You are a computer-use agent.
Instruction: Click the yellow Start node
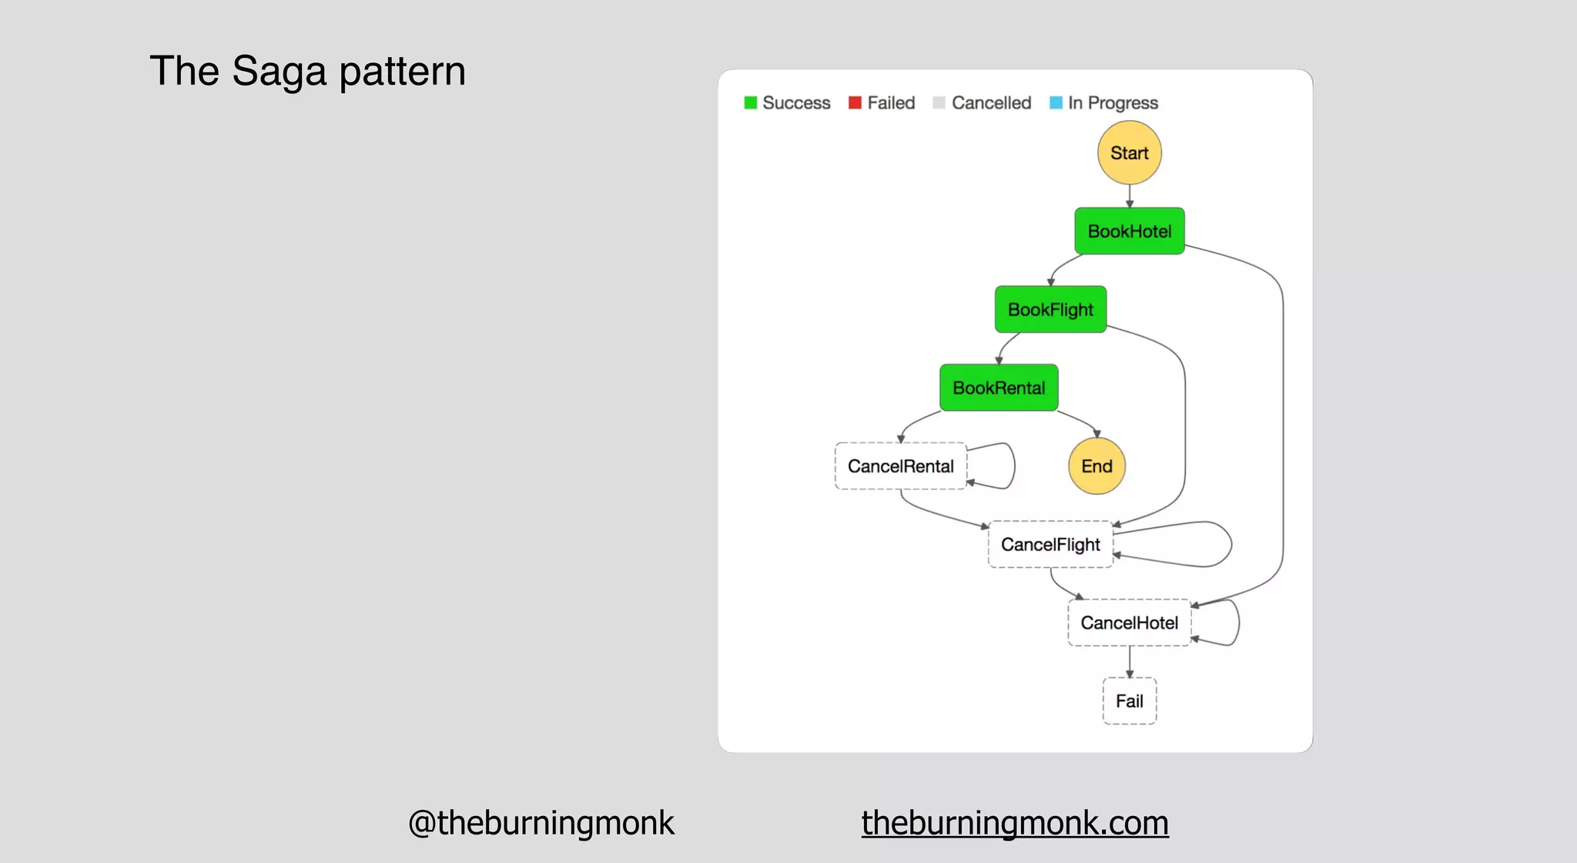tap(1129, 153)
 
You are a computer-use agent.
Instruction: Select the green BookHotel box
tap(1129, 231)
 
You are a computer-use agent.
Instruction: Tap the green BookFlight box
tap(1050, 310)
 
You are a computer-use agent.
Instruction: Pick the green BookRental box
tap(999, 388)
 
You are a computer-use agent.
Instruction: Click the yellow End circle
tap(1097, 466)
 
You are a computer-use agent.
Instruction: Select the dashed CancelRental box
tap(900, 466)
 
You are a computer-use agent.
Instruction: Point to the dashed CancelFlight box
tap(1050, 545)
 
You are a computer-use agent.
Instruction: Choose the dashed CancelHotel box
tap(1129, 623)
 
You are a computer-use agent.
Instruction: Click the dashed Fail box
tap(1129, 701)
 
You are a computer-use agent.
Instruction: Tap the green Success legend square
tap(751, 102)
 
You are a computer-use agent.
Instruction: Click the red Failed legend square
tap(855, 102)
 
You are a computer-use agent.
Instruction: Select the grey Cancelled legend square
tap(939, 102)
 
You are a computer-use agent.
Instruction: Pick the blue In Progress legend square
tap(1056, 102)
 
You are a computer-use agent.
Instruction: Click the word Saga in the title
tap(279, 72)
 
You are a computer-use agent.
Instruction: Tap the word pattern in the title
tap(402, 72)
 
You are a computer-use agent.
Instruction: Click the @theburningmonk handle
tap(541, 823)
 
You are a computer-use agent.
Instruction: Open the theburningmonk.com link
tap(1015, 823)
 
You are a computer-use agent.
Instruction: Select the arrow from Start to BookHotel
tap(1130, 196)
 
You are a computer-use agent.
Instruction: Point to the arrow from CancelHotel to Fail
tap(1130, 661)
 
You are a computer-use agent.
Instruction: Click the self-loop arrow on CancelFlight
tap(1230, 544)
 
